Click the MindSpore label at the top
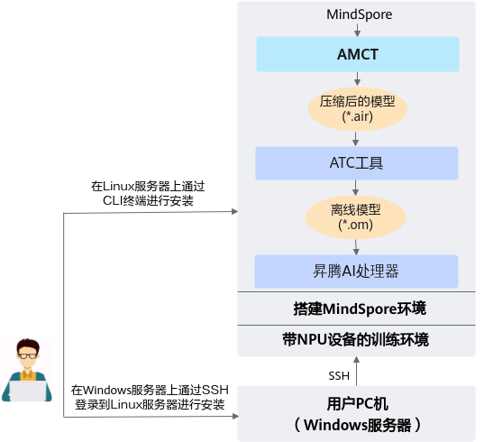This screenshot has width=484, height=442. point(360,14)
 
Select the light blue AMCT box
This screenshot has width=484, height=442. point(358,54)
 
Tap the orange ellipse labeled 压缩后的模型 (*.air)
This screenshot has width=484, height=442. point(358,109)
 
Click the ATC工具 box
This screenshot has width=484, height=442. point(357,163)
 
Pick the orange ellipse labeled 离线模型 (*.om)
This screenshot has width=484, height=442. point(355,217)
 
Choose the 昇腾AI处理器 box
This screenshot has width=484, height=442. point(356,272)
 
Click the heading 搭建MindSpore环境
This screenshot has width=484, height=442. point(360,308)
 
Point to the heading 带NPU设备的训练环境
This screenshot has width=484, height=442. point(356,339)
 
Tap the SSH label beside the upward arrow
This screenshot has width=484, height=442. point(339,376)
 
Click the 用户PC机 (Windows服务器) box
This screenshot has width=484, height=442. point(356,413)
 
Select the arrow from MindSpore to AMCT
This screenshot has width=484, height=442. point(358,30)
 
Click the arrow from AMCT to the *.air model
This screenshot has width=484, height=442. point(357,78)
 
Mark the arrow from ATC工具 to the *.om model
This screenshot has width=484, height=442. point(355,188)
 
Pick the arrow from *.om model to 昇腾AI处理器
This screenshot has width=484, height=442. point(356,247)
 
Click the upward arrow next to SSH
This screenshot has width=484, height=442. point(357,371)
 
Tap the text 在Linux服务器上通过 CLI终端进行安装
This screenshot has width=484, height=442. point(148,194)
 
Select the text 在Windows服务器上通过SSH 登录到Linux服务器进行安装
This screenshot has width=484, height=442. point(150,397)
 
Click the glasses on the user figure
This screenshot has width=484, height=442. point(27,355)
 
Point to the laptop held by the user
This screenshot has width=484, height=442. point(28,391)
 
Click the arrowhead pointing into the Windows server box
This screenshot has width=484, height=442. point(235,417)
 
